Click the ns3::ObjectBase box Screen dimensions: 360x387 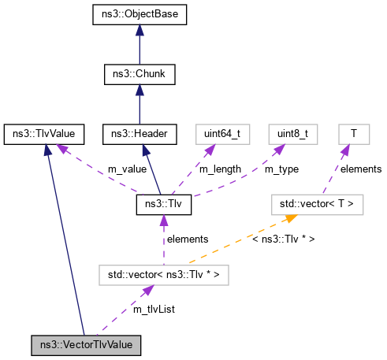click(139, 15)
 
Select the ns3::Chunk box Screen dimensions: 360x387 click(139, 75)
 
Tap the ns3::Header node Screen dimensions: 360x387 click(139, 134)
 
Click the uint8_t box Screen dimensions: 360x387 click(293, 134)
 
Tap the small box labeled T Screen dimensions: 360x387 click(354, 134)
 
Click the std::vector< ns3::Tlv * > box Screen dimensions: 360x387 click(164, 275)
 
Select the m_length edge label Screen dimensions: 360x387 click(220, 169)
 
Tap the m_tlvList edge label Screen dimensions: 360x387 click(153, 310)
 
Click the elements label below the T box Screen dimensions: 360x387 click(361, 169)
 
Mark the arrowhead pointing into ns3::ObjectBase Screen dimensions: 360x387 click(139, 30)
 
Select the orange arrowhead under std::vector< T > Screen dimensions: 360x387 click(290, 218)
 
